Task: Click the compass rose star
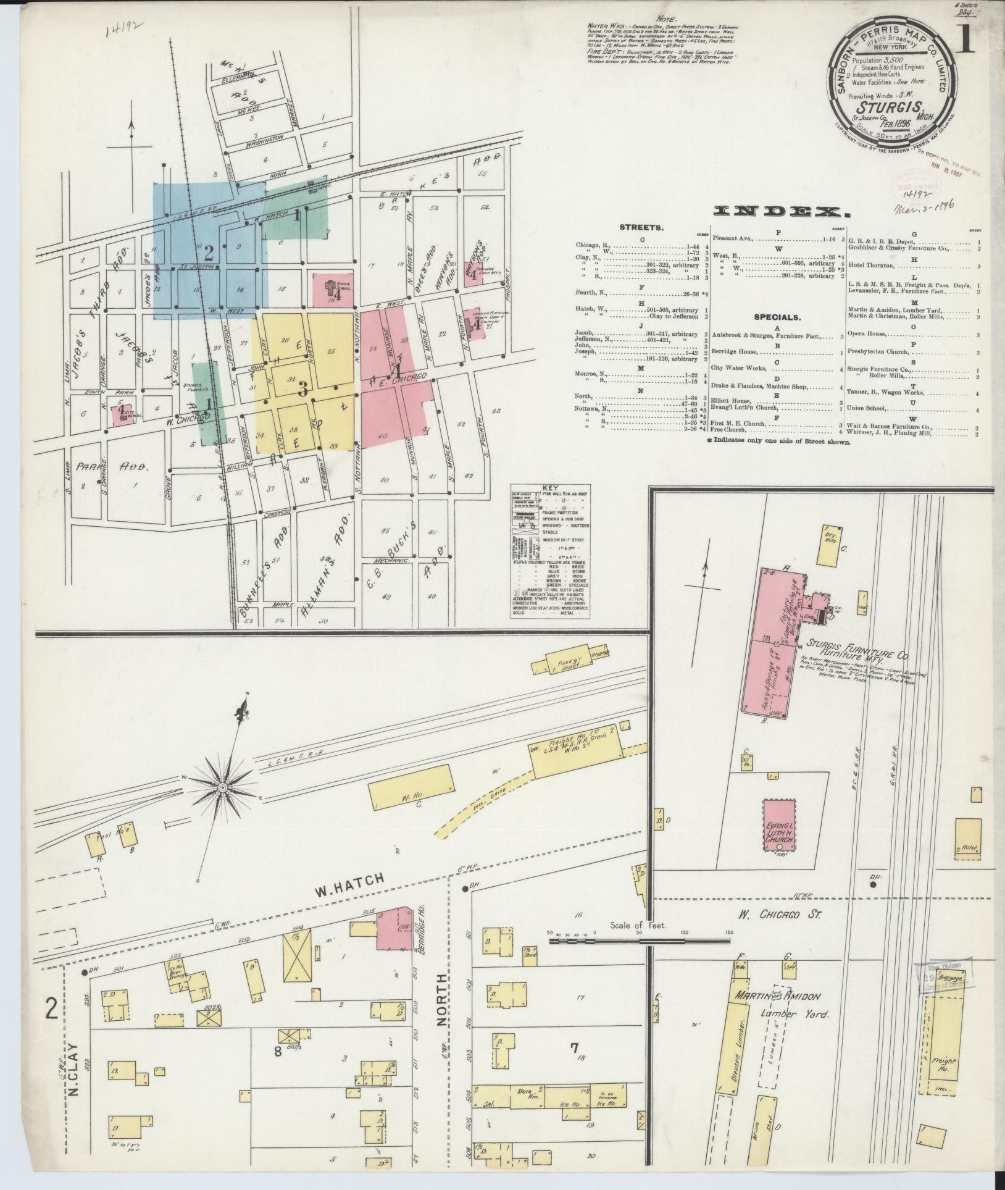pyautogui.click(x=222, y=787)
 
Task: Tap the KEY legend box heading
pyautogui.click(x=549, y=487)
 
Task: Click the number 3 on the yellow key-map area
pyautogui.click(x=302, y=389)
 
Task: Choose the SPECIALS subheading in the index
pyautogui.click(x=777, y=317)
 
